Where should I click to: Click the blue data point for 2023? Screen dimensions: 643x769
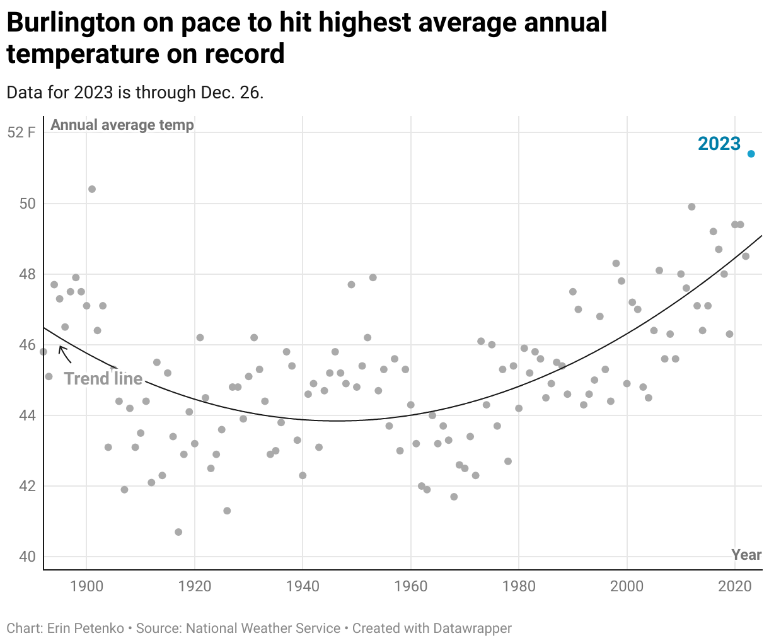coord(751,154)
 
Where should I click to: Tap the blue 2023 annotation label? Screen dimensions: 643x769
coord(719,144)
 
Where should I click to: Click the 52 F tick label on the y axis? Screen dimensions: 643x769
coord(21,132)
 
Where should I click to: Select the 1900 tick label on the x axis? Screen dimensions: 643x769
coord(86,586)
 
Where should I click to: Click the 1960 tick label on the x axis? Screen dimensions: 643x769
coord(411,586)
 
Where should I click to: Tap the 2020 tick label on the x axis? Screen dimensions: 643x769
coord(735,586)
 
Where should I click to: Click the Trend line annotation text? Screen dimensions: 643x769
coord(103,378)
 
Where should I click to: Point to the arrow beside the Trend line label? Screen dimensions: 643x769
coord(64,354)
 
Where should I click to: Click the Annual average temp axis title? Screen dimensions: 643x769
coord(122,125)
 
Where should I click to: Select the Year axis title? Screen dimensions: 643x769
coord(746,555)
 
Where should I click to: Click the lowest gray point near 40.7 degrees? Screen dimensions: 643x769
coord(178,532)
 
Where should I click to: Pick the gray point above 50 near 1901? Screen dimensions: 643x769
coord(92,189)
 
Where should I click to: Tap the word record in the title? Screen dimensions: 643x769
coord(245,54)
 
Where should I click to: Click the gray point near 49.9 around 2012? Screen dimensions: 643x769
coord(691,207)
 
